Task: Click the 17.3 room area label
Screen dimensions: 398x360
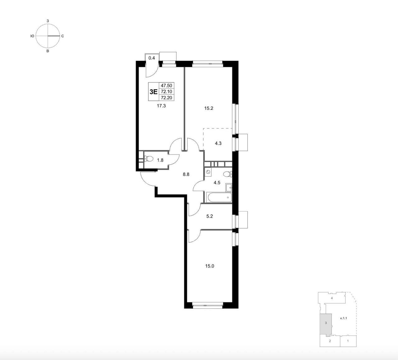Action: (x=161, y=106)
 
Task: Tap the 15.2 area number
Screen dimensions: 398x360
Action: (x=209, y=108)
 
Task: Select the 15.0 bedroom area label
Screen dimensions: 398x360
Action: (x=210, y=266)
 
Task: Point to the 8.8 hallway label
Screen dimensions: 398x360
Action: (x=186, y=174)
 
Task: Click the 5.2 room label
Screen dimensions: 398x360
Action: (x=210, y=216)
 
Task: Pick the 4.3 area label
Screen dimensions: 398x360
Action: (x=218, y=143)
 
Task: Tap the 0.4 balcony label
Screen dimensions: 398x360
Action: (x=151, y=58)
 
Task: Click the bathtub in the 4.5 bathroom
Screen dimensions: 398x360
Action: (x=219, y=197)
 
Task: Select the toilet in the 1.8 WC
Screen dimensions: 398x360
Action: (x=149, y=159)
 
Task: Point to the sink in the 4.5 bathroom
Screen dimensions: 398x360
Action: (x=229, y=187)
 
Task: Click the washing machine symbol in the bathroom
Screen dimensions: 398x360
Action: (x=208, y=172)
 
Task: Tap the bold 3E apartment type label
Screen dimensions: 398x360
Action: (x=153, y=92)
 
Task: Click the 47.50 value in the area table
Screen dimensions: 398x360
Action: (x=166, y=85)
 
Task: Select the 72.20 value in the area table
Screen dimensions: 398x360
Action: (x=166, y=98)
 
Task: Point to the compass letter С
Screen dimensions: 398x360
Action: (x=62, y=36)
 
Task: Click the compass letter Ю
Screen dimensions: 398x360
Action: (x=32, y=36)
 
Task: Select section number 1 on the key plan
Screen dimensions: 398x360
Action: (x=348, y=341)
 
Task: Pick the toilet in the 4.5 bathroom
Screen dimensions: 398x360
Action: (x=227, y=174)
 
